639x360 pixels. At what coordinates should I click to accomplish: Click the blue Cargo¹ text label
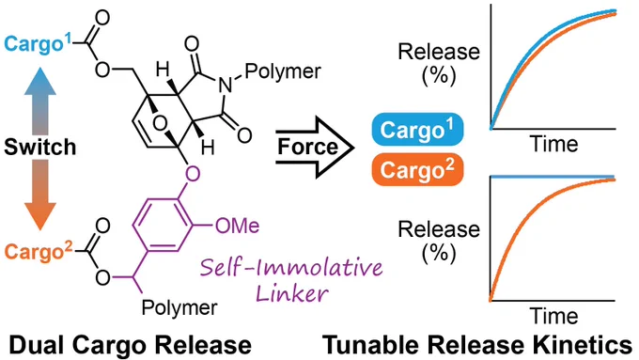(x=38, y=43)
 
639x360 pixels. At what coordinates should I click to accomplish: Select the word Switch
(x=39, y=147)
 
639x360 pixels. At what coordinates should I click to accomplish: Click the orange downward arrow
(x=39, y=195)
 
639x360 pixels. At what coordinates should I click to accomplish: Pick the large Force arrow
(x=314, y=147)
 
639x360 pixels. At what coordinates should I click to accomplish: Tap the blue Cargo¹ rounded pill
(x=418, y=130)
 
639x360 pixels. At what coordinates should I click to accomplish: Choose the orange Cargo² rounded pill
(x=418, y=169)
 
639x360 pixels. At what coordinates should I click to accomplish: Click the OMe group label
(x=237, y=226)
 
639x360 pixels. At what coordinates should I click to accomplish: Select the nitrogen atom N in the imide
(x=226, y=86)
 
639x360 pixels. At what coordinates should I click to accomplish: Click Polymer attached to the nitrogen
(x=283, y=70)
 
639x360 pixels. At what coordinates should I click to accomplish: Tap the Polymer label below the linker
(x=179, y=307)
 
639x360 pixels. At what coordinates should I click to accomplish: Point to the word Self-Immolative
(x=291, y=268)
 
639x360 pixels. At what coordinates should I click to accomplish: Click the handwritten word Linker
(x=292, y=292)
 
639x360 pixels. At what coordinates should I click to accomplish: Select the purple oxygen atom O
(x=193, y=174)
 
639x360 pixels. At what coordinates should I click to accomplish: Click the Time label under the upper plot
(x=553, y=144)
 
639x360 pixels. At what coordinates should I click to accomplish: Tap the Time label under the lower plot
(x=553, y=316)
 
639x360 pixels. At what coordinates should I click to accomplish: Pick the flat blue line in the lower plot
(x=553, y=177)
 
